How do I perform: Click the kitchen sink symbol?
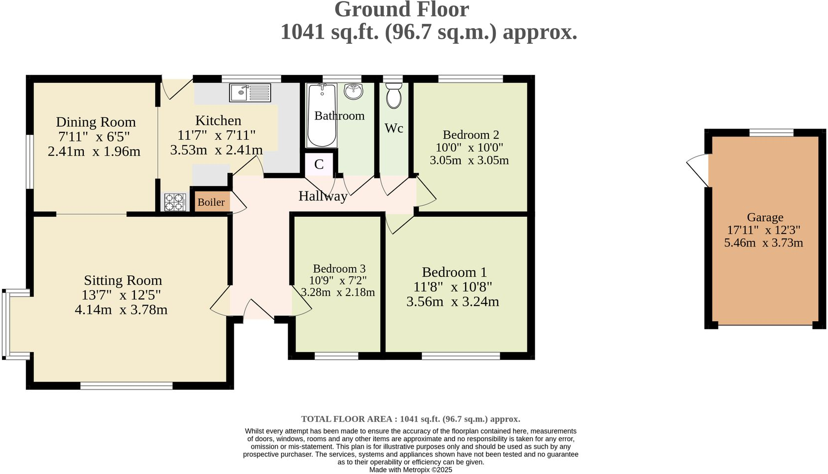(x=250, y=93)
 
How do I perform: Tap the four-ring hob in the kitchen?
(x=175, y=202)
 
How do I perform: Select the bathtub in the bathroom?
(x=322, y=115)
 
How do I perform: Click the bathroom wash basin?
(x=354, y=91)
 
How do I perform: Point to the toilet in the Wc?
(x=394, y=96)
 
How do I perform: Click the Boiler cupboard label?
(x=211, y=202)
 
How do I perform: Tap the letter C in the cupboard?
(x=319, y=165)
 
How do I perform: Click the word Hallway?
(x=323, y=196)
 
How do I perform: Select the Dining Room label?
(x=96, y=122)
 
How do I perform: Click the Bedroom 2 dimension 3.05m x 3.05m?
(x=469, y=160)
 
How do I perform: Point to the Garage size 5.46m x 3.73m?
(x=764, y=243)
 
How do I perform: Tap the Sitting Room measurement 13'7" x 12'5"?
(x=121, y=295)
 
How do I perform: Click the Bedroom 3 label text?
(x=339, y=269)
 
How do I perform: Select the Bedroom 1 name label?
(x=454, y=272)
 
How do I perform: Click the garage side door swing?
(x=698, y=170)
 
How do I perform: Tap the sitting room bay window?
(x=7, y=323)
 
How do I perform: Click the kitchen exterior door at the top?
(x=177, y=89)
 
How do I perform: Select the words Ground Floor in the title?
(x=402, y=10)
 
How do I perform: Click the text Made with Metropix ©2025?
(x=411, y=470)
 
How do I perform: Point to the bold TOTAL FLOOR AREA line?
(x=411, y=419)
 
